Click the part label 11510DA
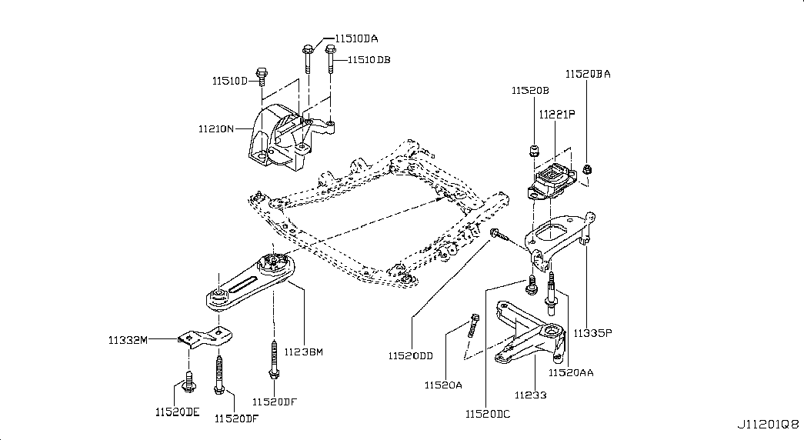pos(356,38)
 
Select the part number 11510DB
pos(369,60)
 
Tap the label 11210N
pos(216,128)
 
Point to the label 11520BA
pos(588,74)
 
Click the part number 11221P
pos(557,115)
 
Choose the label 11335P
pos(592,333)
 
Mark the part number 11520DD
pos(410,356)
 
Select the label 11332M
pos(128,339)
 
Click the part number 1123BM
pos(304,352)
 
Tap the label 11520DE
pos(178,412)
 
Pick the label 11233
pos(531,395)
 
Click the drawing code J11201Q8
pos(768,425)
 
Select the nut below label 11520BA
pos(588,168)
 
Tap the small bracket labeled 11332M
pos(205,338)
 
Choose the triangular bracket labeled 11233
pos(531,333)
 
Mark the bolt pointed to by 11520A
pos(472,325)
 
